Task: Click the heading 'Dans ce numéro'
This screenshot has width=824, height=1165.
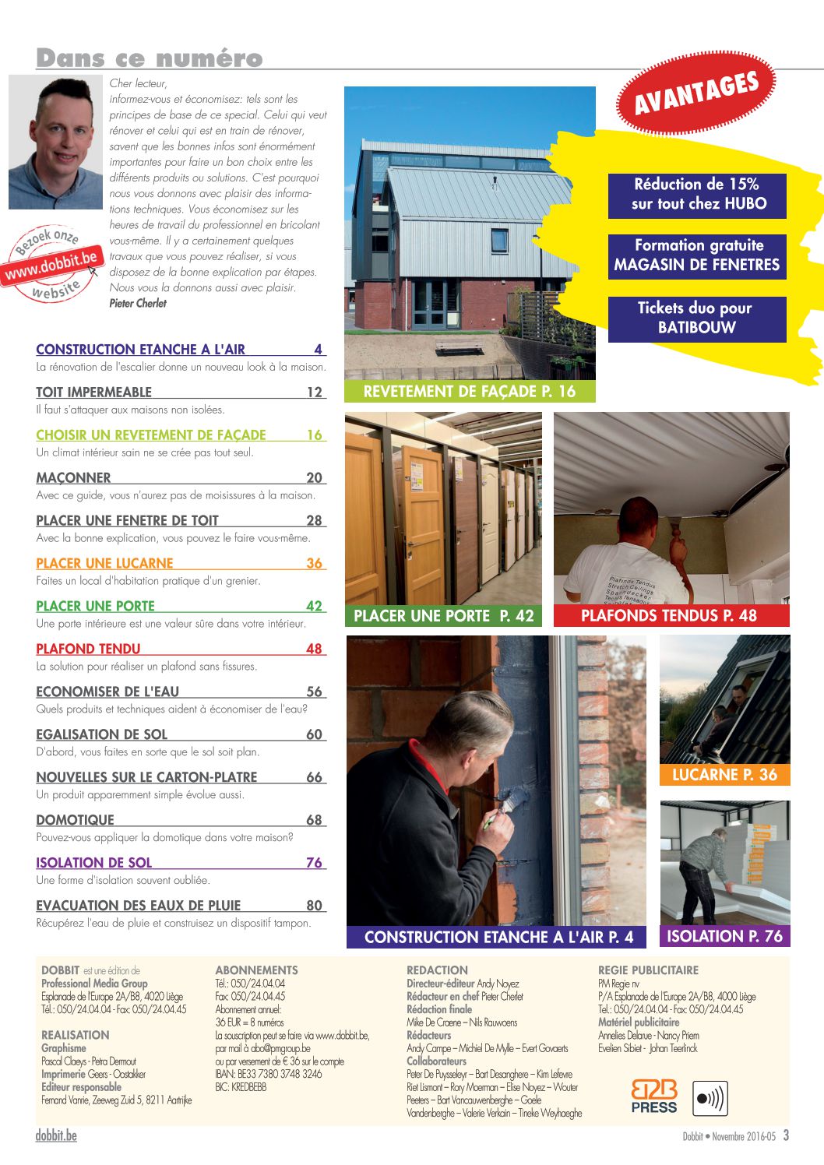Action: coord(149,58)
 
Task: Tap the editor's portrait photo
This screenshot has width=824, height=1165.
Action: coord(56,143)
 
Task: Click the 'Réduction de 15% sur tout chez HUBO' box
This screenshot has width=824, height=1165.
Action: coord(696,195)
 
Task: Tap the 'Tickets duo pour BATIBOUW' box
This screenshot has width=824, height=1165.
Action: coord(696,318)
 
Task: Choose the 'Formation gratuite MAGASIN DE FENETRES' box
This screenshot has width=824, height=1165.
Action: coord(696,255)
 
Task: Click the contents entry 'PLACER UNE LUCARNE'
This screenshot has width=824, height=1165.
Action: coord(104,563)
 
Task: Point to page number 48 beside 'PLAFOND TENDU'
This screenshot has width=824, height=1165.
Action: coord(314,649)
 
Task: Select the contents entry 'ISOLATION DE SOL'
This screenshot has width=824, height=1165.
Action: coord(94,863)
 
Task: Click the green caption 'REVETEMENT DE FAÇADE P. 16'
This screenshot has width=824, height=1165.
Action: coord(470,392)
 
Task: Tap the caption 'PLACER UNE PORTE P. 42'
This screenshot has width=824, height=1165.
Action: coord(444,616)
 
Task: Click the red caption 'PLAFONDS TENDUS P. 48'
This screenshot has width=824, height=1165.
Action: coord(669,616)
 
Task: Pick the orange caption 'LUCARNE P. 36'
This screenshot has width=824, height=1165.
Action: coord(724,775)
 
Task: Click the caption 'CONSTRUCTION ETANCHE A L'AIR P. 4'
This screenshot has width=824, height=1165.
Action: coord(498,938)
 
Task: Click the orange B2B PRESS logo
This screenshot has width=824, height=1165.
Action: coord(653,1096)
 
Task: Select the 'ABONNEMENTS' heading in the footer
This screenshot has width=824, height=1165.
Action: coord(256,970)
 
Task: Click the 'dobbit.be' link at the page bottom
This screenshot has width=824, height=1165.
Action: coord(56,1135)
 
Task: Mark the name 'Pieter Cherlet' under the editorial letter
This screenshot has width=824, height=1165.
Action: coord(138,304)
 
